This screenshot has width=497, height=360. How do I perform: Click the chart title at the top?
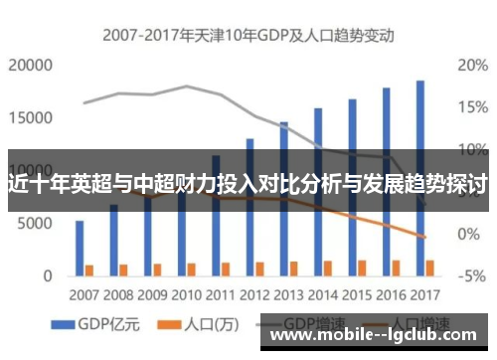point(248,35)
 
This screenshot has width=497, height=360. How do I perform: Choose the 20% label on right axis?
point(471,66)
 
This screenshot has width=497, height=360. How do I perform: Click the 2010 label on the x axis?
point(187,295)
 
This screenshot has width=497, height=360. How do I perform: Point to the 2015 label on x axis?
point(357,295)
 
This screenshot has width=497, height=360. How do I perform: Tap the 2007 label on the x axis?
point(84,295)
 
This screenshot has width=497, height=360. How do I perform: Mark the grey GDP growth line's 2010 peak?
point(187,87)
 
